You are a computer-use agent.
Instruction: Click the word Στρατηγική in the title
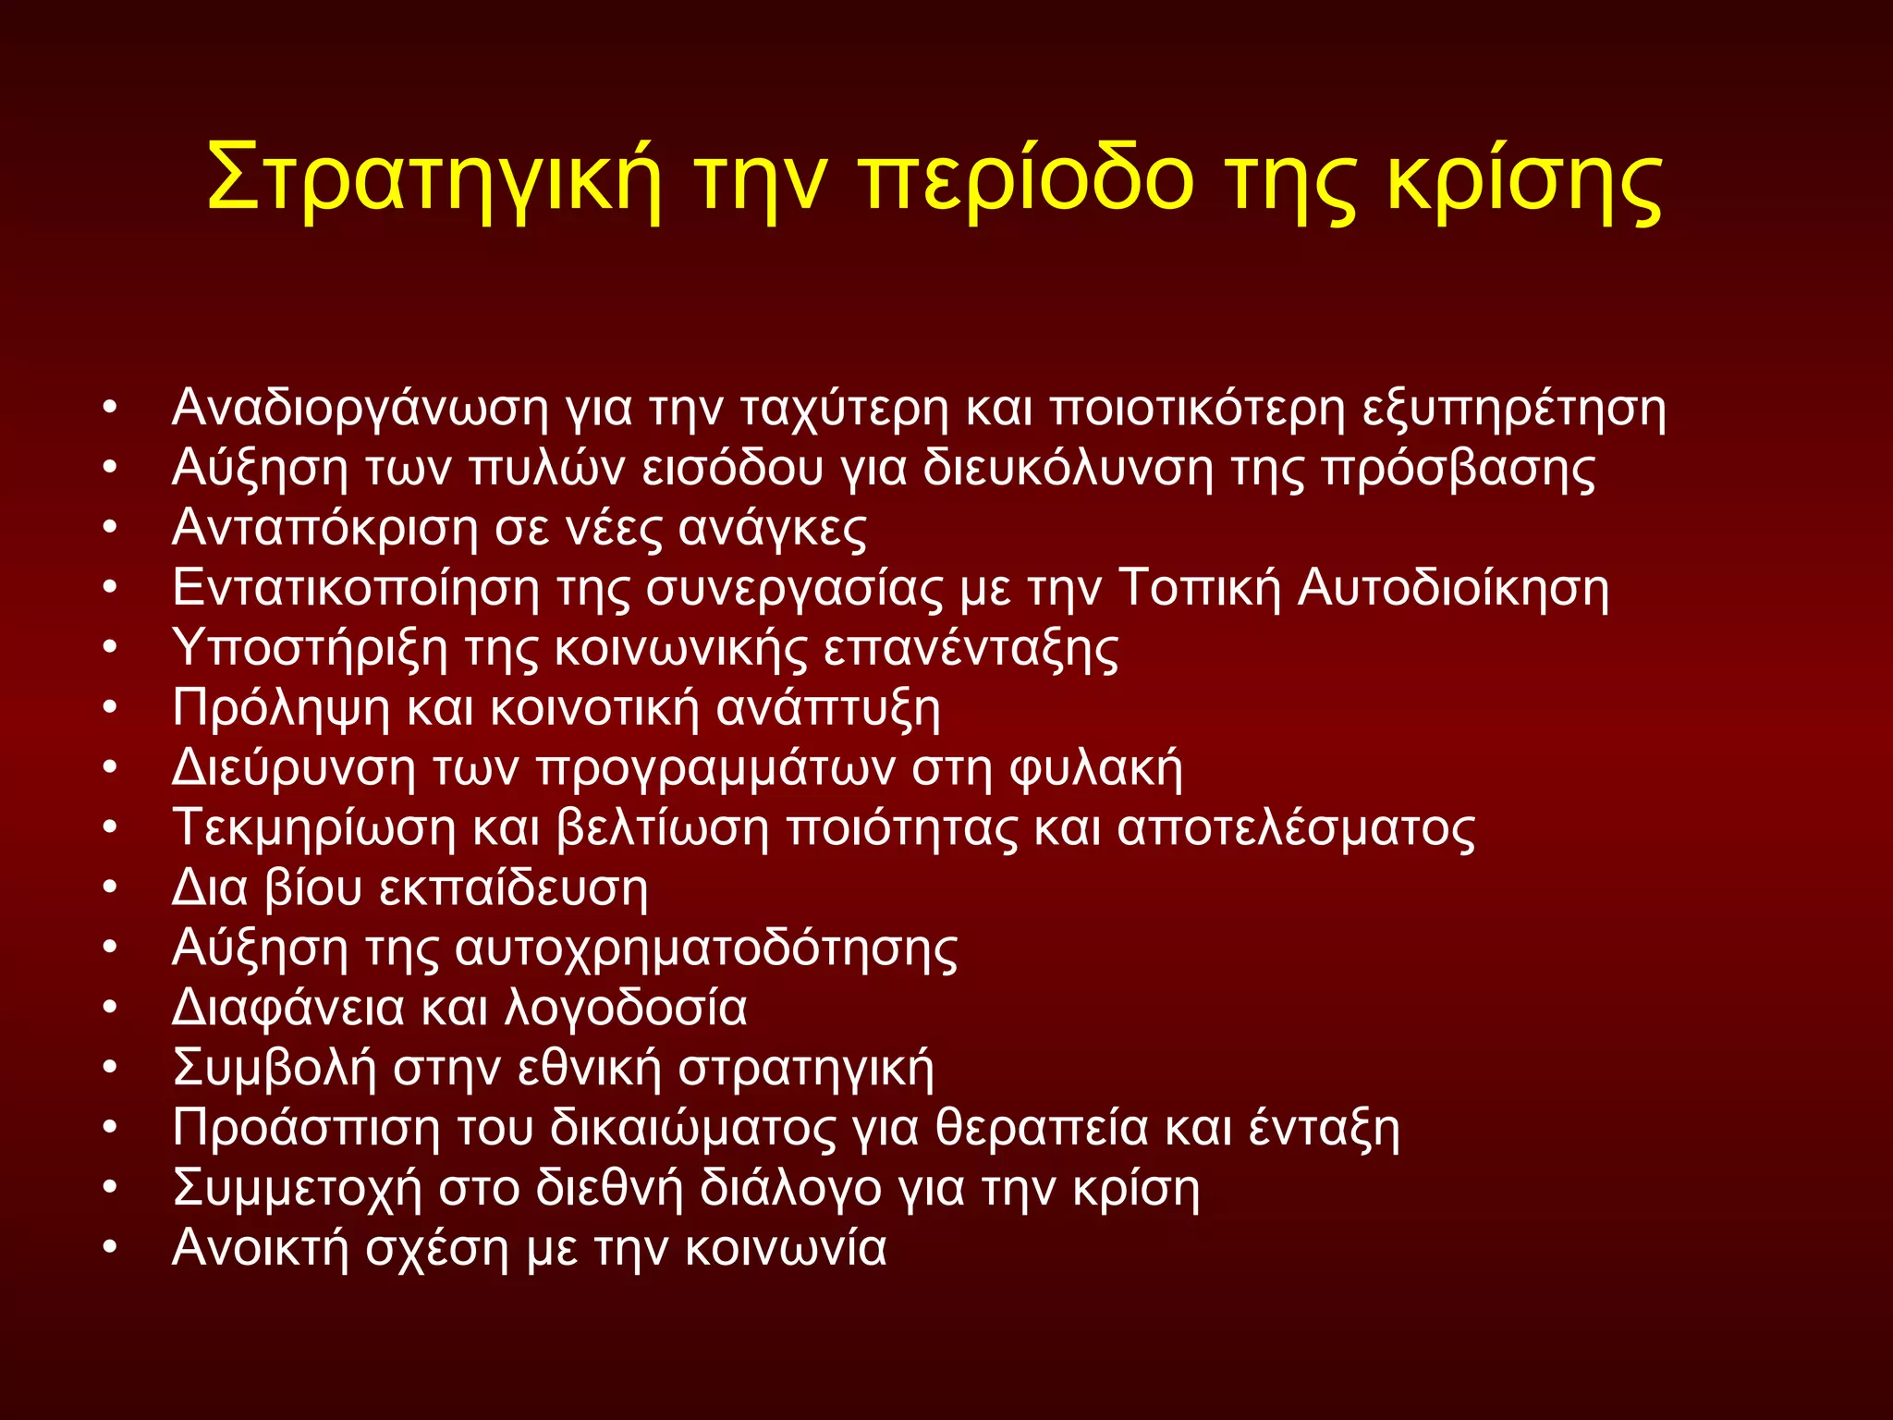click(x=434, y=180)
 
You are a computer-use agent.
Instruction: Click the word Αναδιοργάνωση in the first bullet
click(x=360, y=409)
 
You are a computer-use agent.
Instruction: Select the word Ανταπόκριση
click(x=324, y=529)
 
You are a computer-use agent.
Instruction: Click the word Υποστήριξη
click(x=310, y=648)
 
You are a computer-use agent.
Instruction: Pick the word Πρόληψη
click(x=281, y=709)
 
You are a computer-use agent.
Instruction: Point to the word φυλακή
click(x=1095, y=768)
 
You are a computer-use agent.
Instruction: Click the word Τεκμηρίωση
click(x=314, y=828)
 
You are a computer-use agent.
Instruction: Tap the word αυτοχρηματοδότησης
click(x=706, y=949)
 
